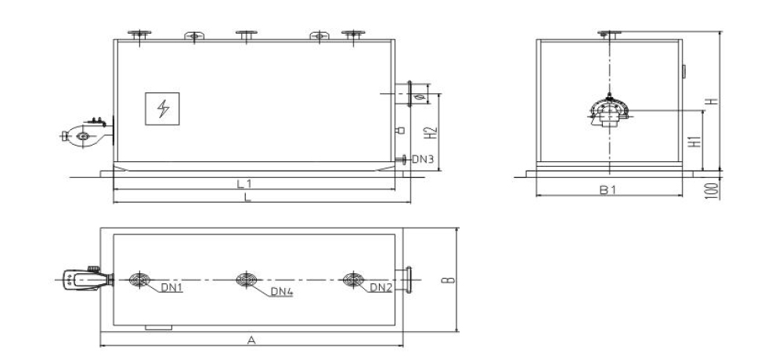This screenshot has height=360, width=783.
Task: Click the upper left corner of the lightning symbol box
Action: [146, 93]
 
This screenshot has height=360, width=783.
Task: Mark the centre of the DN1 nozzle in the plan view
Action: [139, 279]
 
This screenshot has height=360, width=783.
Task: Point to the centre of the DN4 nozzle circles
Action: [246, 279]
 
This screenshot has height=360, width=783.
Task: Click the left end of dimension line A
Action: [100, 345]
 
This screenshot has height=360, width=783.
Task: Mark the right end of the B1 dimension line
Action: [682, 196]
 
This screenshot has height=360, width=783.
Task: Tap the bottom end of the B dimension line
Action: [457, 332]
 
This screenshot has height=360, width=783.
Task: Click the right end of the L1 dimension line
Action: [395, 189]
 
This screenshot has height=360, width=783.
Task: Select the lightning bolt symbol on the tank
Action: [163, 108]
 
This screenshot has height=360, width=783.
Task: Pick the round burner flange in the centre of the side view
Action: [609, 112]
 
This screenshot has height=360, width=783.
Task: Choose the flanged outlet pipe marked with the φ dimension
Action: [403, 94]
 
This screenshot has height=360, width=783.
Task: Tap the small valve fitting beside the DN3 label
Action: [402, 160]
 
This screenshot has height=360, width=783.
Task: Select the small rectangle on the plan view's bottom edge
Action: [158, 328]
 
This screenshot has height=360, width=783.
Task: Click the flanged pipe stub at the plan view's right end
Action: [403, 280]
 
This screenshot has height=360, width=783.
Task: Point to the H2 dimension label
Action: [432, 133]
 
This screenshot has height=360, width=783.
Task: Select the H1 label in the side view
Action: [695, 141]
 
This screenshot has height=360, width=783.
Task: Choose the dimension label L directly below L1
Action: [247, 197]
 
